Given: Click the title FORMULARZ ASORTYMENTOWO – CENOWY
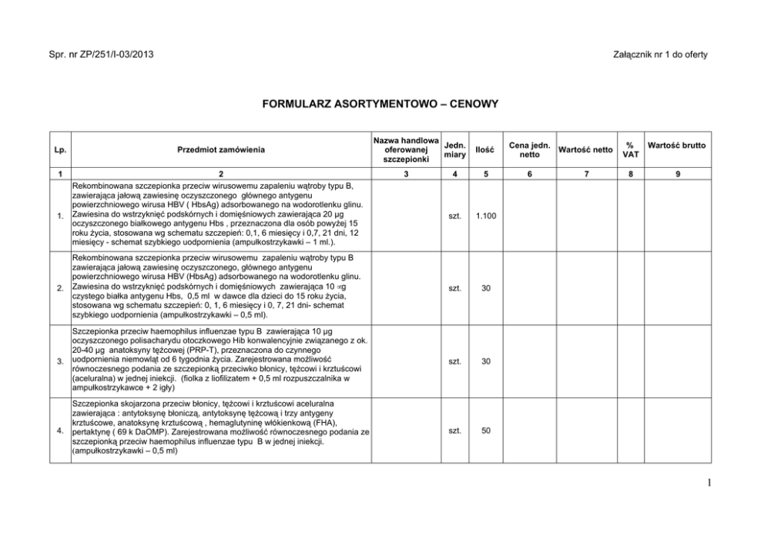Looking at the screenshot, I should (381, 102).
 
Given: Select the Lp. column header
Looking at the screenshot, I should (59, 150).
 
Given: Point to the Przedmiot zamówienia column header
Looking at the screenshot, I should (221, 150).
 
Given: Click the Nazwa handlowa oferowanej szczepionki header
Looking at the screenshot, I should (406, 150).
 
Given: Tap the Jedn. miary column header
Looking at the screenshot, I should (455, 150).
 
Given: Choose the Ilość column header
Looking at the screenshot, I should (485, 150).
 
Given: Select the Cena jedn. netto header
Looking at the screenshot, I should (528, 150).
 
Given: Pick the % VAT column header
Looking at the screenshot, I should (630, 150).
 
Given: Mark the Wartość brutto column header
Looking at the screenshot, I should (677, 145).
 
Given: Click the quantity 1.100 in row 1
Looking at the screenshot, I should (485, 216).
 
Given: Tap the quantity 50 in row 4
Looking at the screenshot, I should (485, 431).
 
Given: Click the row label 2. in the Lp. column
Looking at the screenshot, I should (59, 290).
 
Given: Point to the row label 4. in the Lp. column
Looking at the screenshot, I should (59, 431).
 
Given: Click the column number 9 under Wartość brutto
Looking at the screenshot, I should (677, 175).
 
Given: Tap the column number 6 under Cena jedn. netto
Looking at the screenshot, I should (528, 175).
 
